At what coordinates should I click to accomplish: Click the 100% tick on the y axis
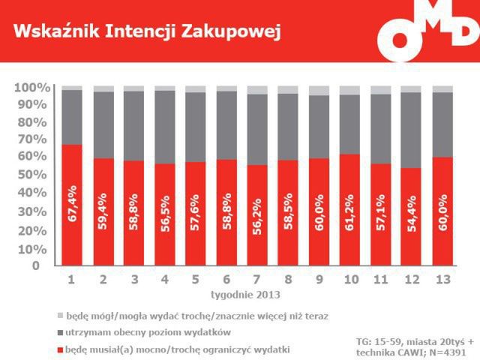pyautogui.click(x=31, y=88)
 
